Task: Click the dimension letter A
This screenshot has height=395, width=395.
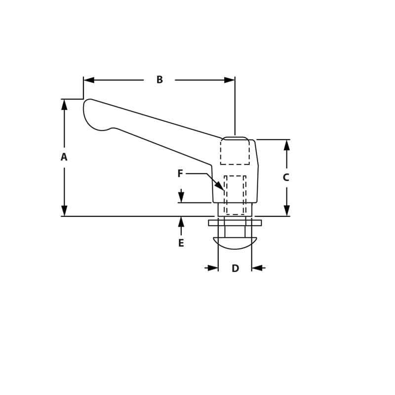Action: click(64, 157)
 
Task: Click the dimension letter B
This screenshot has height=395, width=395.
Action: click(159, 79)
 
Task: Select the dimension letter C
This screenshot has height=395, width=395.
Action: click(286, 178)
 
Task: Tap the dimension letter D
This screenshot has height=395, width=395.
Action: click(235, 269)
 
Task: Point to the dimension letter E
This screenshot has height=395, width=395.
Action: click(181, 243)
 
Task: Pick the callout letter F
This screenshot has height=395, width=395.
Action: click(180, 174)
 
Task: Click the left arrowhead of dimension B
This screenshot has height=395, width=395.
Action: click(89, 80)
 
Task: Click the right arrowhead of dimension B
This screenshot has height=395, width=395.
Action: click(229, 80)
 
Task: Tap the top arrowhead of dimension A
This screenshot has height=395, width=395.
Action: click(64, 105)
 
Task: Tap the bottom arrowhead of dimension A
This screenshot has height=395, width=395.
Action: click(64, 211)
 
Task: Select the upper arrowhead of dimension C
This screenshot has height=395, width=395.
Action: click(286, 145)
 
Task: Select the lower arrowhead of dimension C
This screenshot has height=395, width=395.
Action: click(286, 210)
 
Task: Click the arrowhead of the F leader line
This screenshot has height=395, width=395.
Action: click(220, 186)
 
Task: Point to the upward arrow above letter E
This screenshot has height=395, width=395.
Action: click(181, 222)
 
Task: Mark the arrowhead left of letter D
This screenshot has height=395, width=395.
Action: click(213, 268)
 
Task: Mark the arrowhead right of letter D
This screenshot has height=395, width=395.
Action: click(257, 268)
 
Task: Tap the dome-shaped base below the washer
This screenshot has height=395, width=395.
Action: click(235, 243)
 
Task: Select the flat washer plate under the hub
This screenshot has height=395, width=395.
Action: click(235, 223)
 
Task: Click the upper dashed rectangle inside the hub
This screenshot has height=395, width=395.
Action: click(235, 152)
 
